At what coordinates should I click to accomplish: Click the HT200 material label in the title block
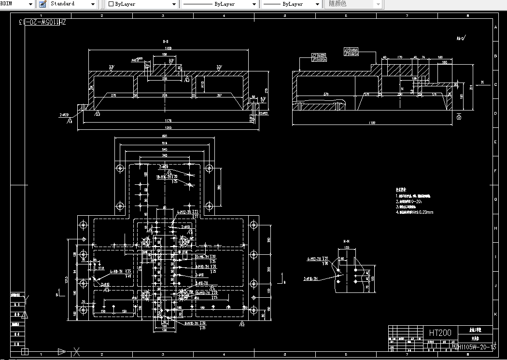439,333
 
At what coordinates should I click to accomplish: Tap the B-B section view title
166,42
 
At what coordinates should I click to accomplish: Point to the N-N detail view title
347,240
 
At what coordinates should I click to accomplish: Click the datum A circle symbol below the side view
459,117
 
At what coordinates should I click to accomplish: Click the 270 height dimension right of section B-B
267,90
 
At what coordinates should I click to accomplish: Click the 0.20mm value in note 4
427,212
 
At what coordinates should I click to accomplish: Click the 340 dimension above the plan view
164,156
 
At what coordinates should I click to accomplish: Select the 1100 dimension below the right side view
371,123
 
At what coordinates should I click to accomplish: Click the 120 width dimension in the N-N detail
346,248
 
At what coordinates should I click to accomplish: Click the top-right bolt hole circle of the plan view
209,168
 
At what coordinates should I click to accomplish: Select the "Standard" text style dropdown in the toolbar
72,4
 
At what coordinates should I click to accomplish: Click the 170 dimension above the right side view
400,57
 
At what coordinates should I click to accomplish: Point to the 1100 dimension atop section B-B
168,49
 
